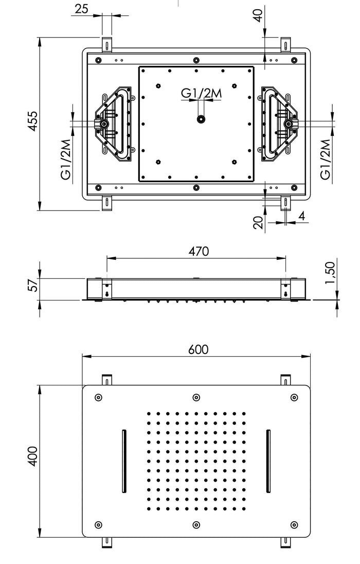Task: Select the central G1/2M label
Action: pos(201,93)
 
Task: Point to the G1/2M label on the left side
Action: pos(65,160)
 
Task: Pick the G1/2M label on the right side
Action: pos(325,160)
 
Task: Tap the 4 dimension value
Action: pos(302,216)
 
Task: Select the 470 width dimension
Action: pos(199,251)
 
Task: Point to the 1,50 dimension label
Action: pos(330,272)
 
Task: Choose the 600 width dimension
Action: pos(198,349)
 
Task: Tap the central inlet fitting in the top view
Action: pos(200,120)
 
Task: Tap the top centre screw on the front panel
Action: pos(196,397)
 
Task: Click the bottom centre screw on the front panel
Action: pos(196,525)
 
